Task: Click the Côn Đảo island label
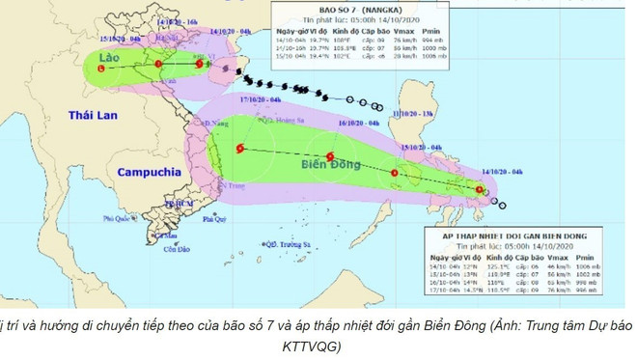[x=174, y=249]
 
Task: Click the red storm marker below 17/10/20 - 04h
[x=240, y=149]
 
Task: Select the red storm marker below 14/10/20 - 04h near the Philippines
[x=481, y=190]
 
